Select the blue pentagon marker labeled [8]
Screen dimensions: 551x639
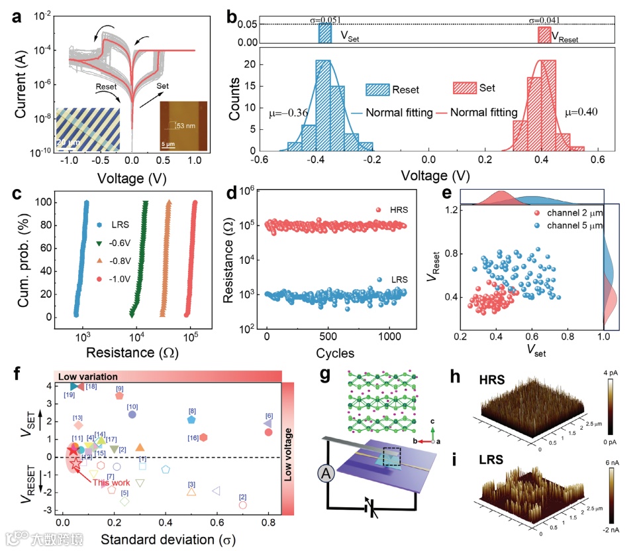[191, 419]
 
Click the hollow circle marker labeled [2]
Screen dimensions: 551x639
[242, 505]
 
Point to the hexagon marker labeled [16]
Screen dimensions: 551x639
[203, 437]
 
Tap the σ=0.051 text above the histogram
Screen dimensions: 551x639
[326, 21]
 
